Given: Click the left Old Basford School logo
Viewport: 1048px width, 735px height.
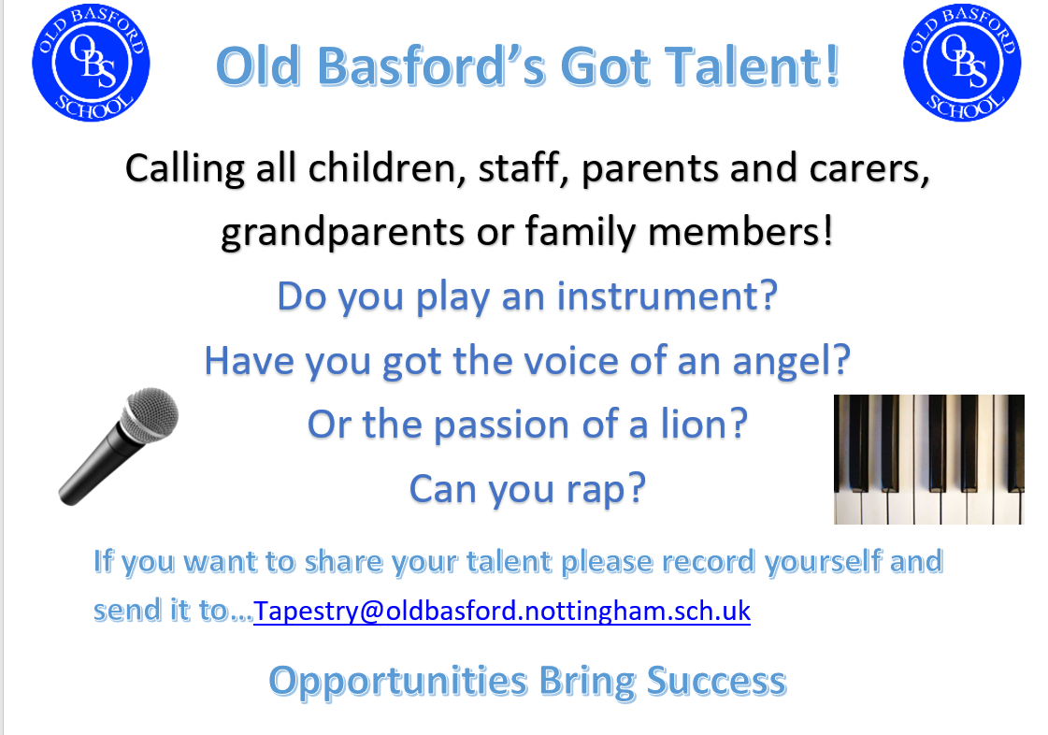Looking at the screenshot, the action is pyautogui.click(x=91, y=63).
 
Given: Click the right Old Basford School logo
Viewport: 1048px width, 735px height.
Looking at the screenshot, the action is pyautogui.click(x=962, y=63).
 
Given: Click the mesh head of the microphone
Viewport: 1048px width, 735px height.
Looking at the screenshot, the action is pyautogui.click(x=151, y=413).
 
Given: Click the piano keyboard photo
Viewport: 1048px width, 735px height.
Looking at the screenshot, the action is pyautogui.click(x=929, y=459).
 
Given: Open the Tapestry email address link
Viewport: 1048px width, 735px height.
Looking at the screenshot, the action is pyautogui.click(x=502, y=612).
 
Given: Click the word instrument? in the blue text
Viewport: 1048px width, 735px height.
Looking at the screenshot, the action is pyautogui.click(x=668, y=295).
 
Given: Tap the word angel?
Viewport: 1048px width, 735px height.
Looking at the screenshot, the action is pyautogui.click(x=791, y=362).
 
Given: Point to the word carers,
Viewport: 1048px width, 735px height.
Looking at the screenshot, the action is pyautogui.click(x=869, y=169).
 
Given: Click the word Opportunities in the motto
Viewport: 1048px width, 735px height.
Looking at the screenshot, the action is pyautogui.click(x=398, y=683).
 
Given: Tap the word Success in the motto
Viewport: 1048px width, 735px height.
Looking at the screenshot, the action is pyautogui.click(x=716, y=682).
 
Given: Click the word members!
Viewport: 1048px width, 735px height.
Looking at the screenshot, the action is pyautogui.click(x=740, y=232).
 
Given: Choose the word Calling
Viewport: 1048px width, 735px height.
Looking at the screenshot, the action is pyautogui.click(x=184, y=169).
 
